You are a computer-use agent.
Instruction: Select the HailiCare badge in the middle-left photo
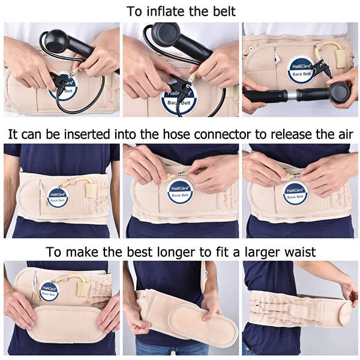58,197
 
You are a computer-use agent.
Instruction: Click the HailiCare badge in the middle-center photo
179,194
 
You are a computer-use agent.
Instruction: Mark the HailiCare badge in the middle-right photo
295,193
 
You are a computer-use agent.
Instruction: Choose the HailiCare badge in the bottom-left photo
49,292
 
